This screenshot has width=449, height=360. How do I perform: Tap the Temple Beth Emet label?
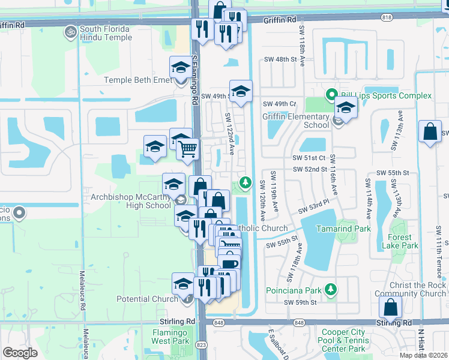(137, 80)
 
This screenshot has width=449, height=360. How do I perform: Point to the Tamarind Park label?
(346, 229)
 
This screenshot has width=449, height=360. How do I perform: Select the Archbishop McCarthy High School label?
(131, 201)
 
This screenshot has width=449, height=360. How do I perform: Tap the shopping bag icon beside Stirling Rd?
(391, 307)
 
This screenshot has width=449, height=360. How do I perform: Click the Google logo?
(20, 353)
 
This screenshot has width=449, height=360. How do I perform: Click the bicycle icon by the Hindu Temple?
(71, 30)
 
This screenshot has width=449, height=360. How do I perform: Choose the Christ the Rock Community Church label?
(411, 289)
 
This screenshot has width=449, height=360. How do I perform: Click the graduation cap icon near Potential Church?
(183, 283)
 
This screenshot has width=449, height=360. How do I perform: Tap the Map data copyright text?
(422, 355)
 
